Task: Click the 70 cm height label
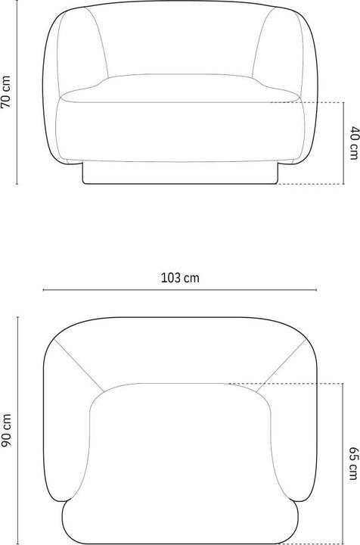coord(6,92)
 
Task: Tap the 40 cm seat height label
coord(354,143)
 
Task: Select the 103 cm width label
coord(180,278)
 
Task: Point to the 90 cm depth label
coord(6,431)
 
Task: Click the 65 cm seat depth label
coord(353,463)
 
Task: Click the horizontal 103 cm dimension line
coord(180,289)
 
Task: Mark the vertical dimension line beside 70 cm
coord(17,92)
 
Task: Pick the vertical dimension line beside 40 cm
coord(343,143)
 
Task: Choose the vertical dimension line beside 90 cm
coord(17,431)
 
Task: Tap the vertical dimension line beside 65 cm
coord(343,463)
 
